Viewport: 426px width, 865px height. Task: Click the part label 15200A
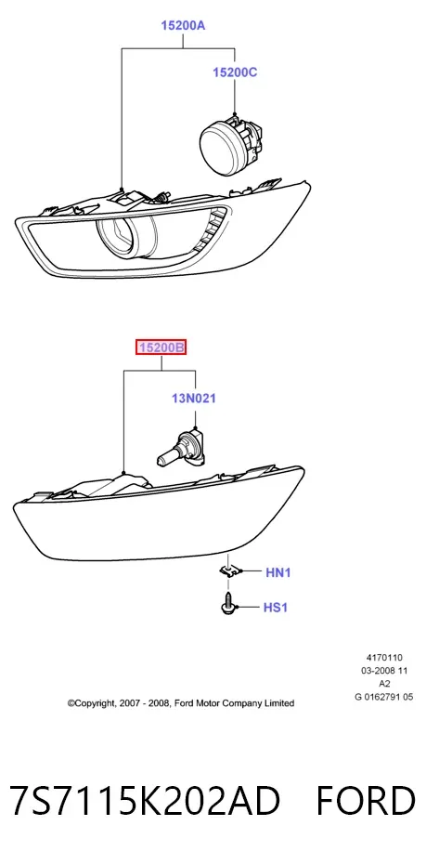click(x=183, y=25)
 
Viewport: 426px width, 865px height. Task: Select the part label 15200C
click(x=236, y=72)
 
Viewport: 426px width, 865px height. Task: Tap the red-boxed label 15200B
click(x=161, y=347)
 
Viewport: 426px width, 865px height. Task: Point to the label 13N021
click(x=193, y=398)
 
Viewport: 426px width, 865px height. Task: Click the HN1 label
click(x=278, y=572)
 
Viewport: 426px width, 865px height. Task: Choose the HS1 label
click(x=276, y=608)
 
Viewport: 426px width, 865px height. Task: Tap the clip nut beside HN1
click(x=229, y=571)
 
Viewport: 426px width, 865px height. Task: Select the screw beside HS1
click(x=228, y=603)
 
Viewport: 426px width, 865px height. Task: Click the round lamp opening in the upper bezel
click(x=126, y=236)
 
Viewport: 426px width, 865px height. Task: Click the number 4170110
click(x=384, y=657)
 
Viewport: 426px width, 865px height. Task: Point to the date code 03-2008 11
click(x=384, y=670)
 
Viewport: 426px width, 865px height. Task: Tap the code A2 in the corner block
click(x=384, y=684)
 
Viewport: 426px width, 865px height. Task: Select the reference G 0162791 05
click(x=384, y=697)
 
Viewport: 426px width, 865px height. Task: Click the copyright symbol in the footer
click(x=71, y=703)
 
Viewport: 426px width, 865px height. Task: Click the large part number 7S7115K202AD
click(x=145, y=801)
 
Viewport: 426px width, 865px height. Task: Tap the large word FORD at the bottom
click(x=366, y=801)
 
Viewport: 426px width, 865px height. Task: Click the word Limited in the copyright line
click(x=278, y=702)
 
